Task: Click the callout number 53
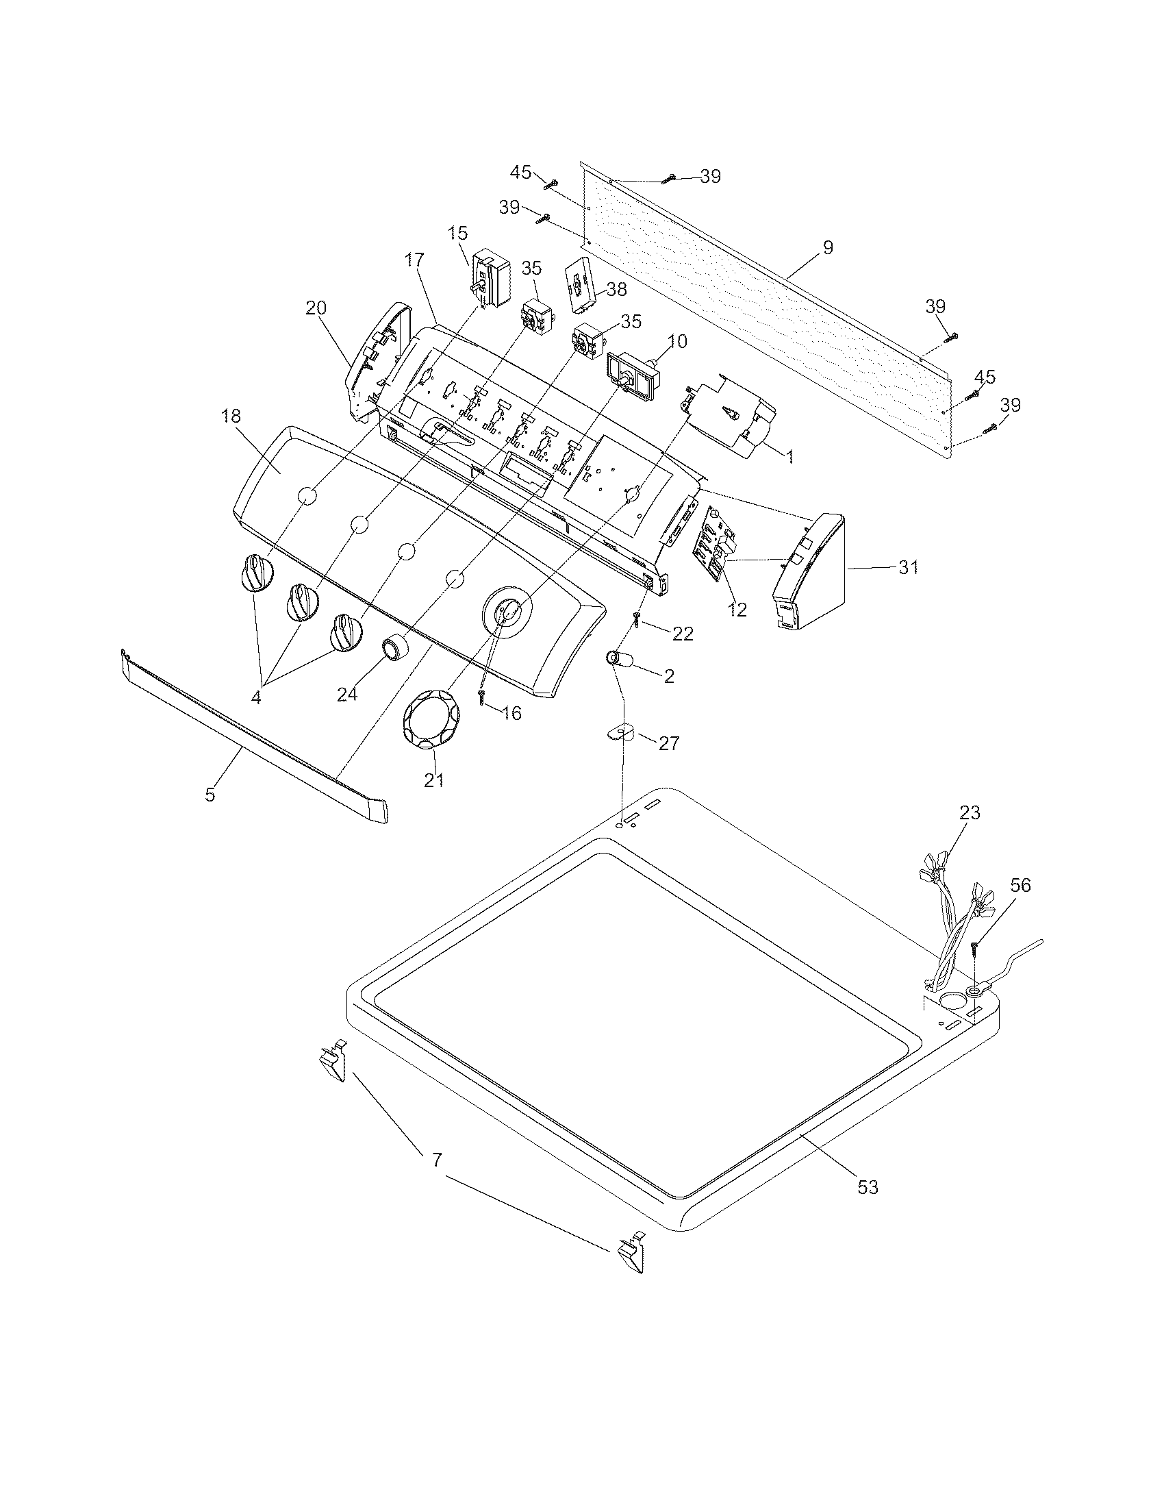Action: coord(868,1187)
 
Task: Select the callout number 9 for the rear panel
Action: coord(828,247)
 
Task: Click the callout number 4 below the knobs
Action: coord(256,697)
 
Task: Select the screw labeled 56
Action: coord(975,948)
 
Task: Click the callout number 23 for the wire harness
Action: coord(970,812)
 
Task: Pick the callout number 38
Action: coord(616,289)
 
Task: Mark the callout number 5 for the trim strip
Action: coord(210,794)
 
